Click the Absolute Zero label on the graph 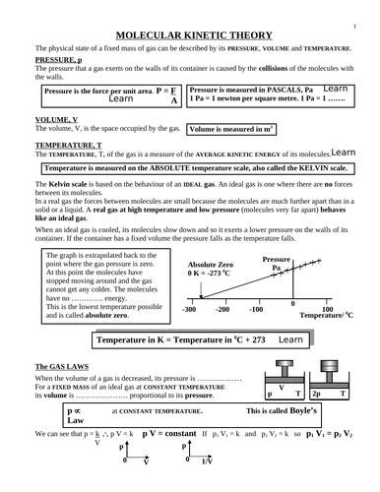pos(211,266)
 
